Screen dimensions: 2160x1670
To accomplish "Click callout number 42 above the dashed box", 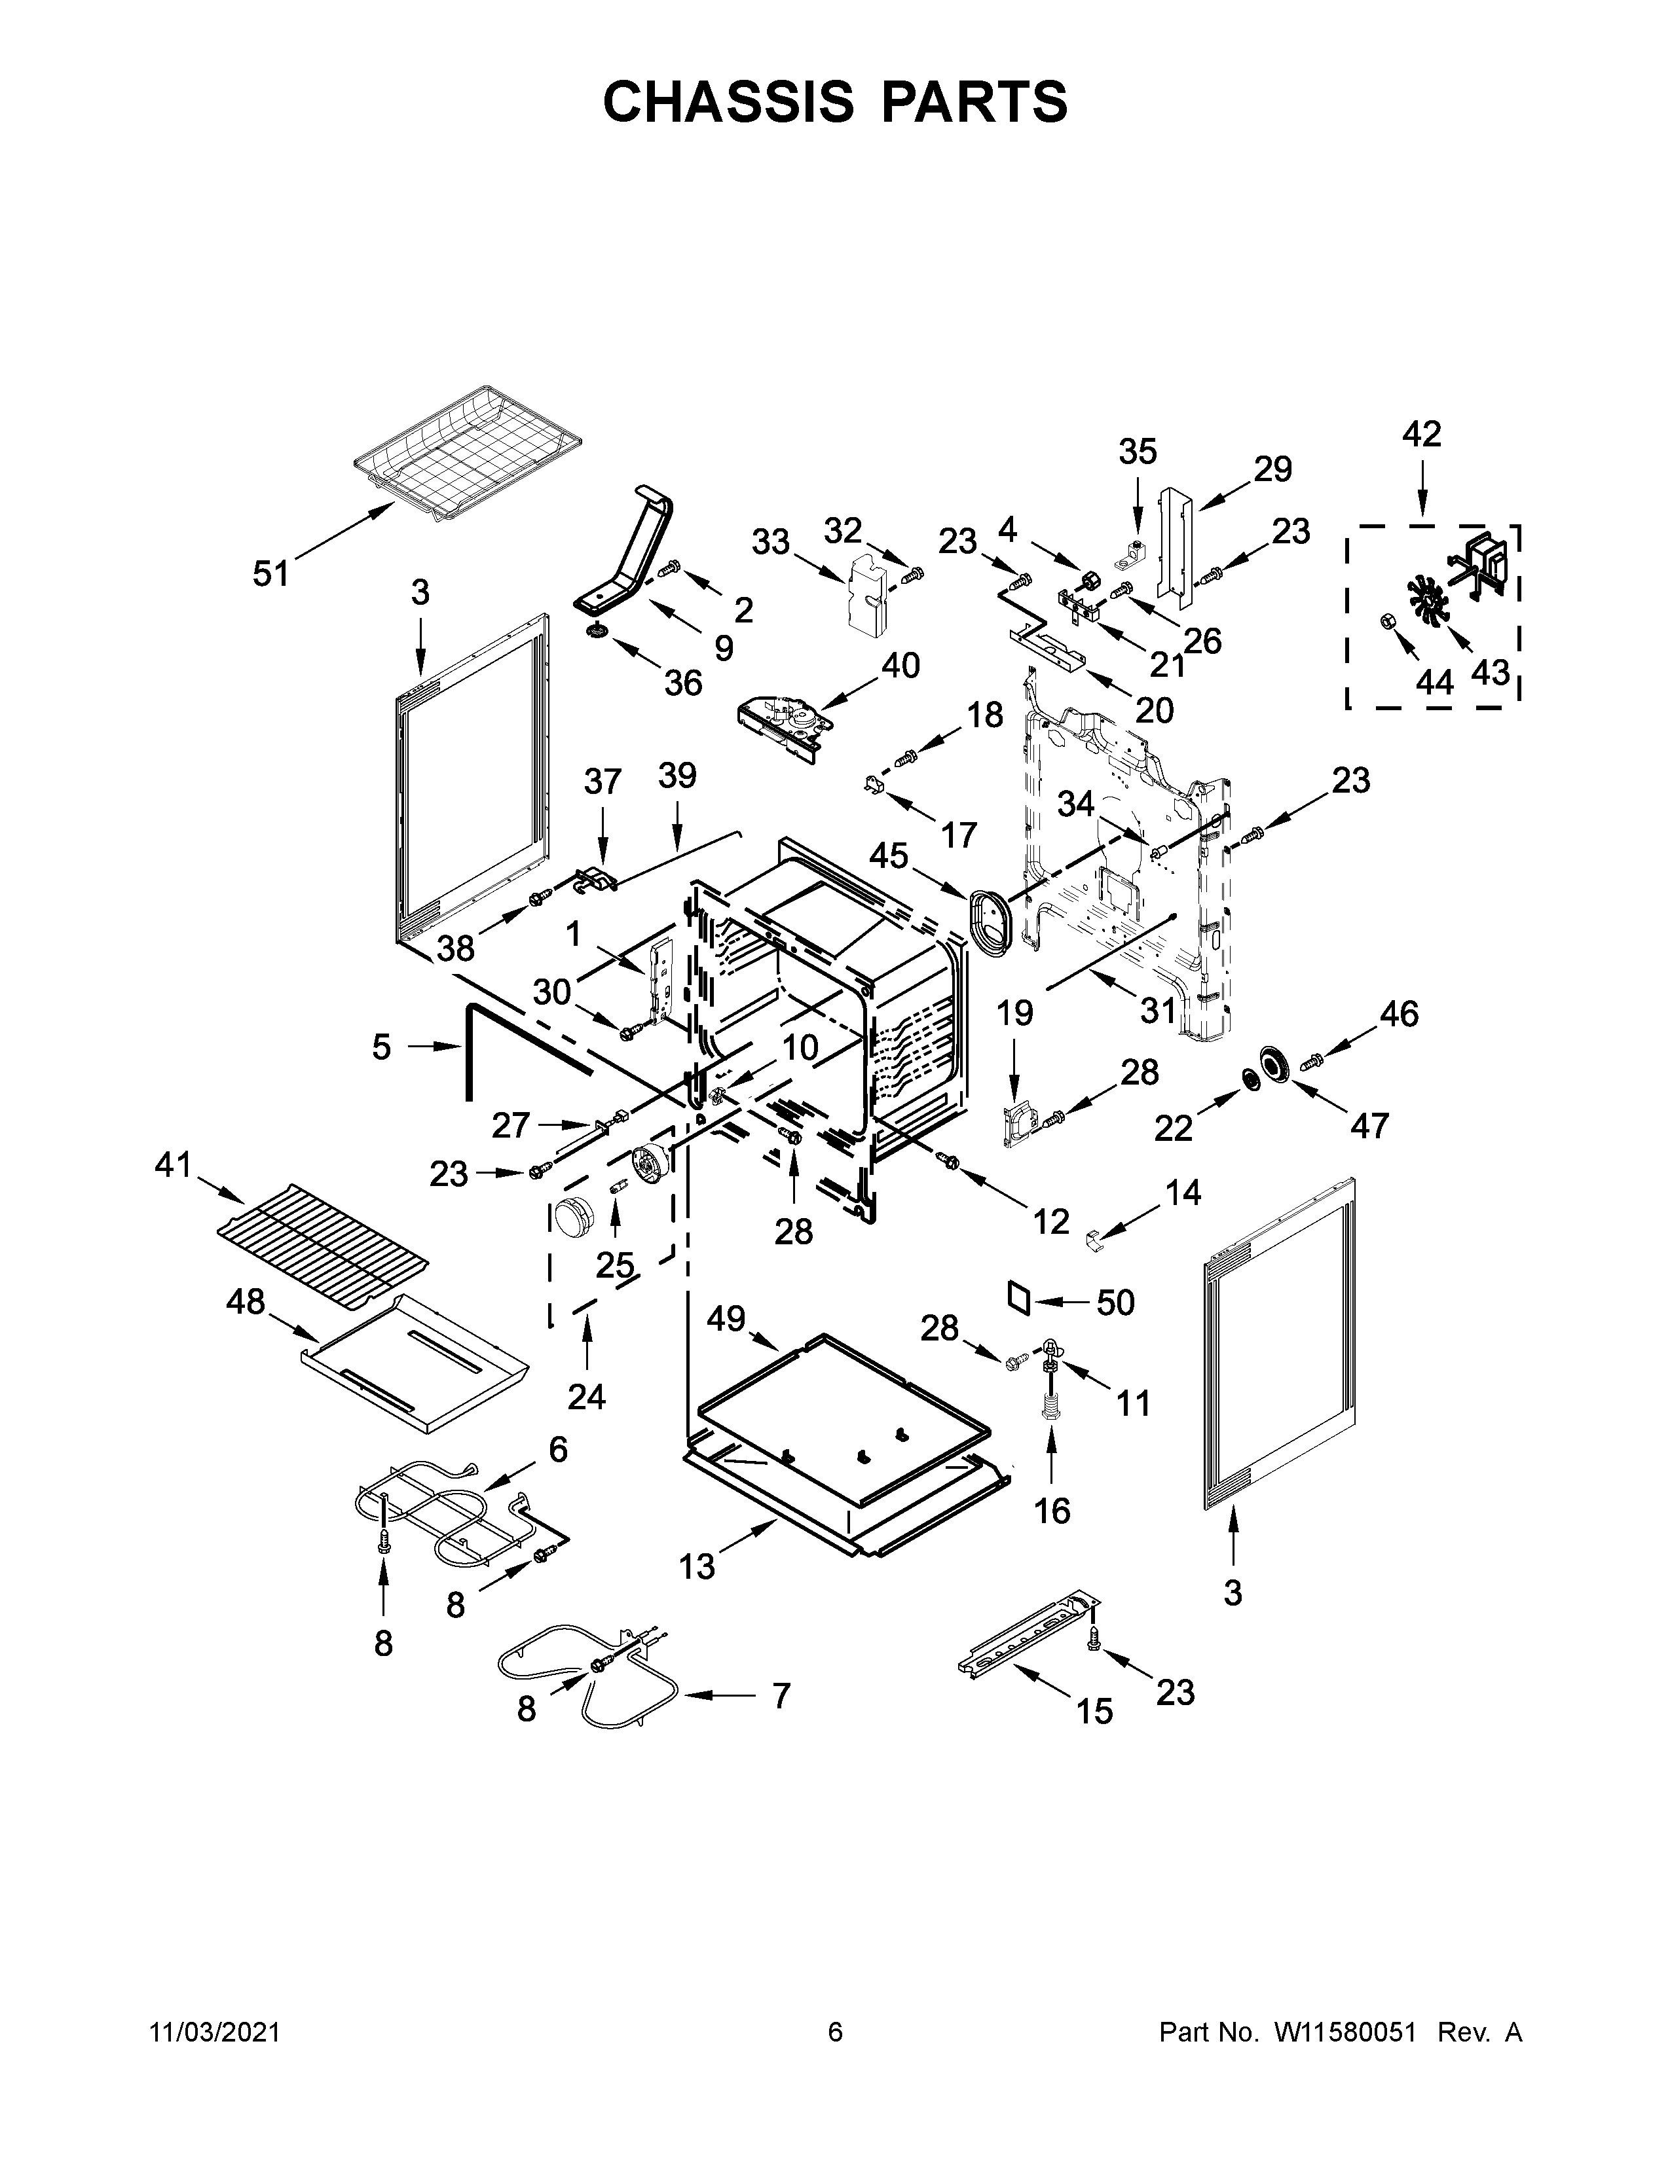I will [1422, 433].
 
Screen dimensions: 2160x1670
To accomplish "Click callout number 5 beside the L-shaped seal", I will [382, 1047].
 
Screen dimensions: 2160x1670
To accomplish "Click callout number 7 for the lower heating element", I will [781, 1695].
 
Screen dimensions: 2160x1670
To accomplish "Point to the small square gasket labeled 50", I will [1018, 1297].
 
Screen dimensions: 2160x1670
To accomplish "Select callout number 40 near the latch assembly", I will [899, 666].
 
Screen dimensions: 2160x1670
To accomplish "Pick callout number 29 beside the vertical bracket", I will [1272, 469].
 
